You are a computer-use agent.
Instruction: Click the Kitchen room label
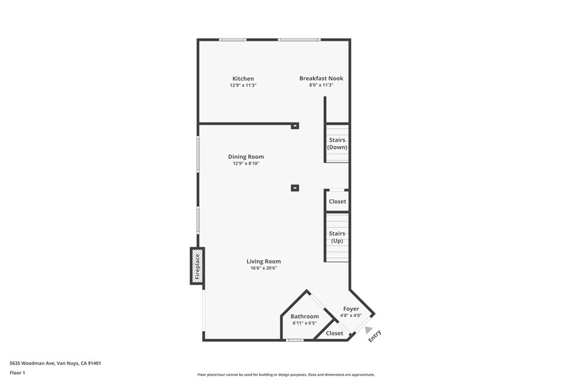click(243, 79)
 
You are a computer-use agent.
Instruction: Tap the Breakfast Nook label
click(321, 79)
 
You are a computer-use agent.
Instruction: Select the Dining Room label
click(246, 157)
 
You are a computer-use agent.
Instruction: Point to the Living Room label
click(264, 262)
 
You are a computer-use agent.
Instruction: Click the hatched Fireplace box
click(197, 266)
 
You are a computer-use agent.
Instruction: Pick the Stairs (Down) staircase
click(337, 143)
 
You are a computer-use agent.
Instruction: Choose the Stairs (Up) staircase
click(337, 237)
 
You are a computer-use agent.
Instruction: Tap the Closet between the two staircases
click(337, 201)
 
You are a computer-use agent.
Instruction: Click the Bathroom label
click(304, 317)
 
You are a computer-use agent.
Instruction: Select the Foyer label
click(351, 309)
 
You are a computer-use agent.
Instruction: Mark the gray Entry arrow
click(368, 330)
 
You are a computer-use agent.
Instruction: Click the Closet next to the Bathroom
click(335, 333)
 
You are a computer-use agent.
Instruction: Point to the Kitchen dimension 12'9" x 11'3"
click(243, 86)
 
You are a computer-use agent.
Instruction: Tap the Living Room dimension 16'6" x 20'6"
click(264, 268)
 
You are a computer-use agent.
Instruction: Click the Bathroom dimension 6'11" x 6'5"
click(304, 323)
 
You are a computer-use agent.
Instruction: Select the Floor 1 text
click(17, 372)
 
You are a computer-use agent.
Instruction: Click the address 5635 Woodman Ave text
click(55, 363)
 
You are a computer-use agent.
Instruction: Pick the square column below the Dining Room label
click(295, 188)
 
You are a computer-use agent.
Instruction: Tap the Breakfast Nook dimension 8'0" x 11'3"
click(321, 86)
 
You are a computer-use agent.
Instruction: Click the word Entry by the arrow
click(375, 336)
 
